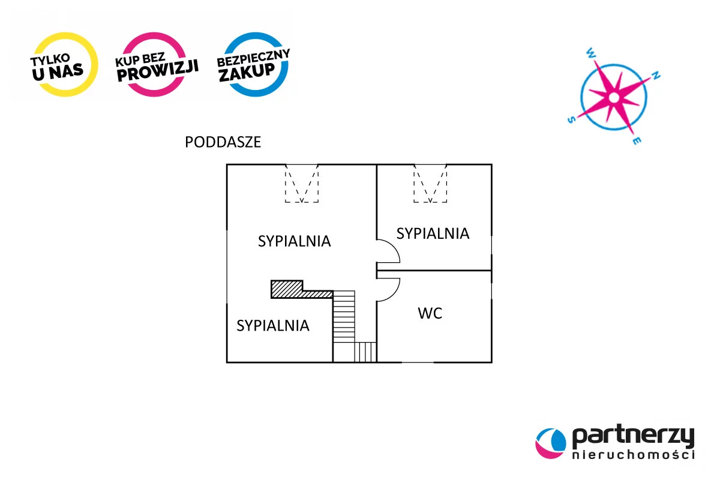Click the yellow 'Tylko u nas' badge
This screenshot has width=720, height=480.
[x=65, y=64]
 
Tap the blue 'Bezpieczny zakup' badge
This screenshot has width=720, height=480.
[x=253, y=64]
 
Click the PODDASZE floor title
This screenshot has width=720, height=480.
[x=223, y=143]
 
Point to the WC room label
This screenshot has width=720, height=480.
[x=430, y=313]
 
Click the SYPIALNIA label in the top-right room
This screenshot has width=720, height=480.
[x=433, y=233]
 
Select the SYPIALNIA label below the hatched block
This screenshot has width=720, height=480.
[x=273, y=326]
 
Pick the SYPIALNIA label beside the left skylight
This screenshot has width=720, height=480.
[x=295, y=241]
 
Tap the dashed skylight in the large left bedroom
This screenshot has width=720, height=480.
[x=302, y=184]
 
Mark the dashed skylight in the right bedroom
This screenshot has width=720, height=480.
[x=430, y=184]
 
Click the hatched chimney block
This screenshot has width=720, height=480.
[x=287, y=289]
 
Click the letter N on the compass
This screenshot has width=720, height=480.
[x=656, y=76]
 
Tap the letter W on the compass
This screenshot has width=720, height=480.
[x=592, y=53]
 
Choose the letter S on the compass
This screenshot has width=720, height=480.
[x=571, y=119]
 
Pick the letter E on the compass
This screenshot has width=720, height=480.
[x=637, y=141]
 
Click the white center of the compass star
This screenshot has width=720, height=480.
[x=613, y=97]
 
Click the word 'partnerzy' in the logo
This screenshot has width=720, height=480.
[x=633, y=436]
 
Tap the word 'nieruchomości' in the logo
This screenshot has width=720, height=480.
[x=633, y=456]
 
